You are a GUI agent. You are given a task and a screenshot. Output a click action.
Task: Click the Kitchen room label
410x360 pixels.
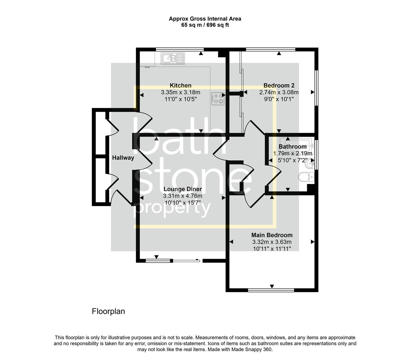point(181,85)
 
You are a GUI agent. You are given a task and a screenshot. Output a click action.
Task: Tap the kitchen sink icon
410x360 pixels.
point(173,59)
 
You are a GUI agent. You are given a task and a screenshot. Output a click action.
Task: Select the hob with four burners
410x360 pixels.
point(217,98)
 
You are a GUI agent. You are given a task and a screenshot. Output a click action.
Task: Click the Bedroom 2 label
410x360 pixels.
point(279,85)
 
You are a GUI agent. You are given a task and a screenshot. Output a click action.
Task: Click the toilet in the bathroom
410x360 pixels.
point(306,177)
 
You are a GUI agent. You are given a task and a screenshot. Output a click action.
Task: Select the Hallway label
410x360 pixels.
point(123,158)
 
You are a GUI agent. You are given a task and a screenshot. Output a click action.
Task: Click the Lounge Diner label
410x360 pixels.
point(183,189)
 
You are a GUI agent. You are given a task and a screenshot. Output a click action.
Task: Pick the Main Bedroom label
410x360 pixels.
point(272,235)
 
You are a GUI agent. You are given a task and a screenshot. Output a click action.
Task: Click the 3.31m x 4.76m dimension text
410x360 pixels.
point(183,196)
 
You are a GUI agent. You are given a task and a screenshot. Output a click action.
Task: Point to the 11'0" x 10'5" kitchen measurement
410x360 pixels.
point(181,99)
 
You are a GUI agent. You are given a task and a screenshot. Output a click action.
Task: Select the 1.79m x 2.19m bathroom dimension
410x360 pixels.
point(293,153)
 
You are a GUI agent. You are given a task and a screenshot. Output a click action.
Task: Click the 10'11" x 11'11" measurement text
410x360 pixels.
point(272,249)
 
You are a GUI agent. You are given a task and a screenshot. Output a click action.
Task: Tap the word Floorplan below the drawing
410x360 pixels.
point(108,311)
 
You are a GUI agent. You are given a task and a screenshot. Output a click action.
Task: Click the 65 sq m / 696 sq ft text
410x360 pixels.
point(205,25)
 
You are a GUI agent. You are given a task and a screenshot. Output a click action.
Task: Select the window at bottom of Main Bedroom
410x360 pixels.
point(271,290)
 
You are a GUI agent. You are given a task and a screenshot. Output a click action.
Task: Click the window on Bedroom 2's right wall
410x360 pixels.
point(316,88)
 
